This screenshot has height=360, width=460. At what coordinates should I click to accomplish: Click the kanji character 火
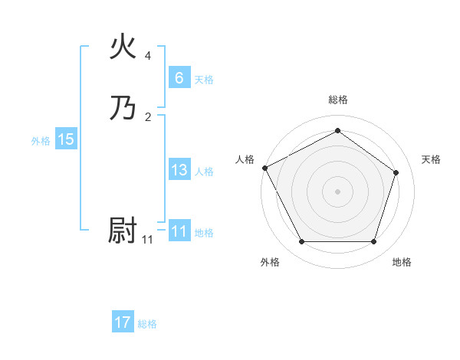point(123,47)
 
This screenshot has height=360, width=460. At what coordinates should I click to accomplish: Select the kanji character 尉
point(123,231)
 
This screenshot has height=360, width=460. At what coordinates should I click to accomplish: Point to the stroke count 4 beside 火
point(148,57)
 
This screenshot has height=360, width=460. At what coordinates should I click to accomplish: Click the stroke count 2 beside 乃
point(148,117)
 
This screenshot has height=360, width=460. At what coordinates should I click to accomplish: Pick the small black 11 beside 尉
point(148,240)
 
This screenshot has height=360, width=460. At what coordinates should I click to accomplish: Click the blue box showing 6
point(179,77)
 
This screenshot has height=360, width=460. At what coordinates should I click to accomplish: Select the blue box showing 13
point(179,170)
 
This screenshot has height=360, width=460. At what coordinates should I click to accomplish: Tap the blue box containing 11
point(179,231)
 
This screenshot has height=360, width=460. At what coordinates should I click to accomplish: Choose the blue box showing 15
point(65,139)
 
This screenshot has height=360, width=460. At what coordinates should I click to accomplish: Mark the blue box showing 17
point(123,322)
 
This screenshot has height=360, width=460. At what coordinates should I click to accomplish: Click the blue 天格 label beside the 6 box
point(204,80)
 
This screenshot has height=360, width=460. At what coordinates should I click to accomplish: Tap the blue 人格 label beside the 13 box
point(204,172)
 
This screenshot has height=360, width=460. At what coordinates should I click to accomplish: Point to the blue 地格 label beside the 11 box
point(204,233)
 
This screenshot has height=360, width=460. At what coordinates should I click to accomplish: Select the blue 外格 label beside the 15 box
point(41,141)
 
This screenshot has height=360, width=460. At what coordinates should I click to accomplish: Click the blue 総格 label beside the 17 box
point(147,324)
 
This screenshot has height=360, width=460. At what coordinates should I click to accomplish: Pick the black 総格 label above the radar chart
point(337,100)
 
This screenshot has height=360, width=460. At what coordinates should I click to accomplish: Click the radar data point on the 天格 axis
point(396,172)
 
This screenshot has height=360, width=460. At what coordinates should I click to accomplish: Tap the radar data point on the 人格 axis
point(264,167)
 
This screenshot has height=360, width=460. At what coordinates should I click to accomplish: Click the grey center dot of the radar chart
point(337,191)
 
